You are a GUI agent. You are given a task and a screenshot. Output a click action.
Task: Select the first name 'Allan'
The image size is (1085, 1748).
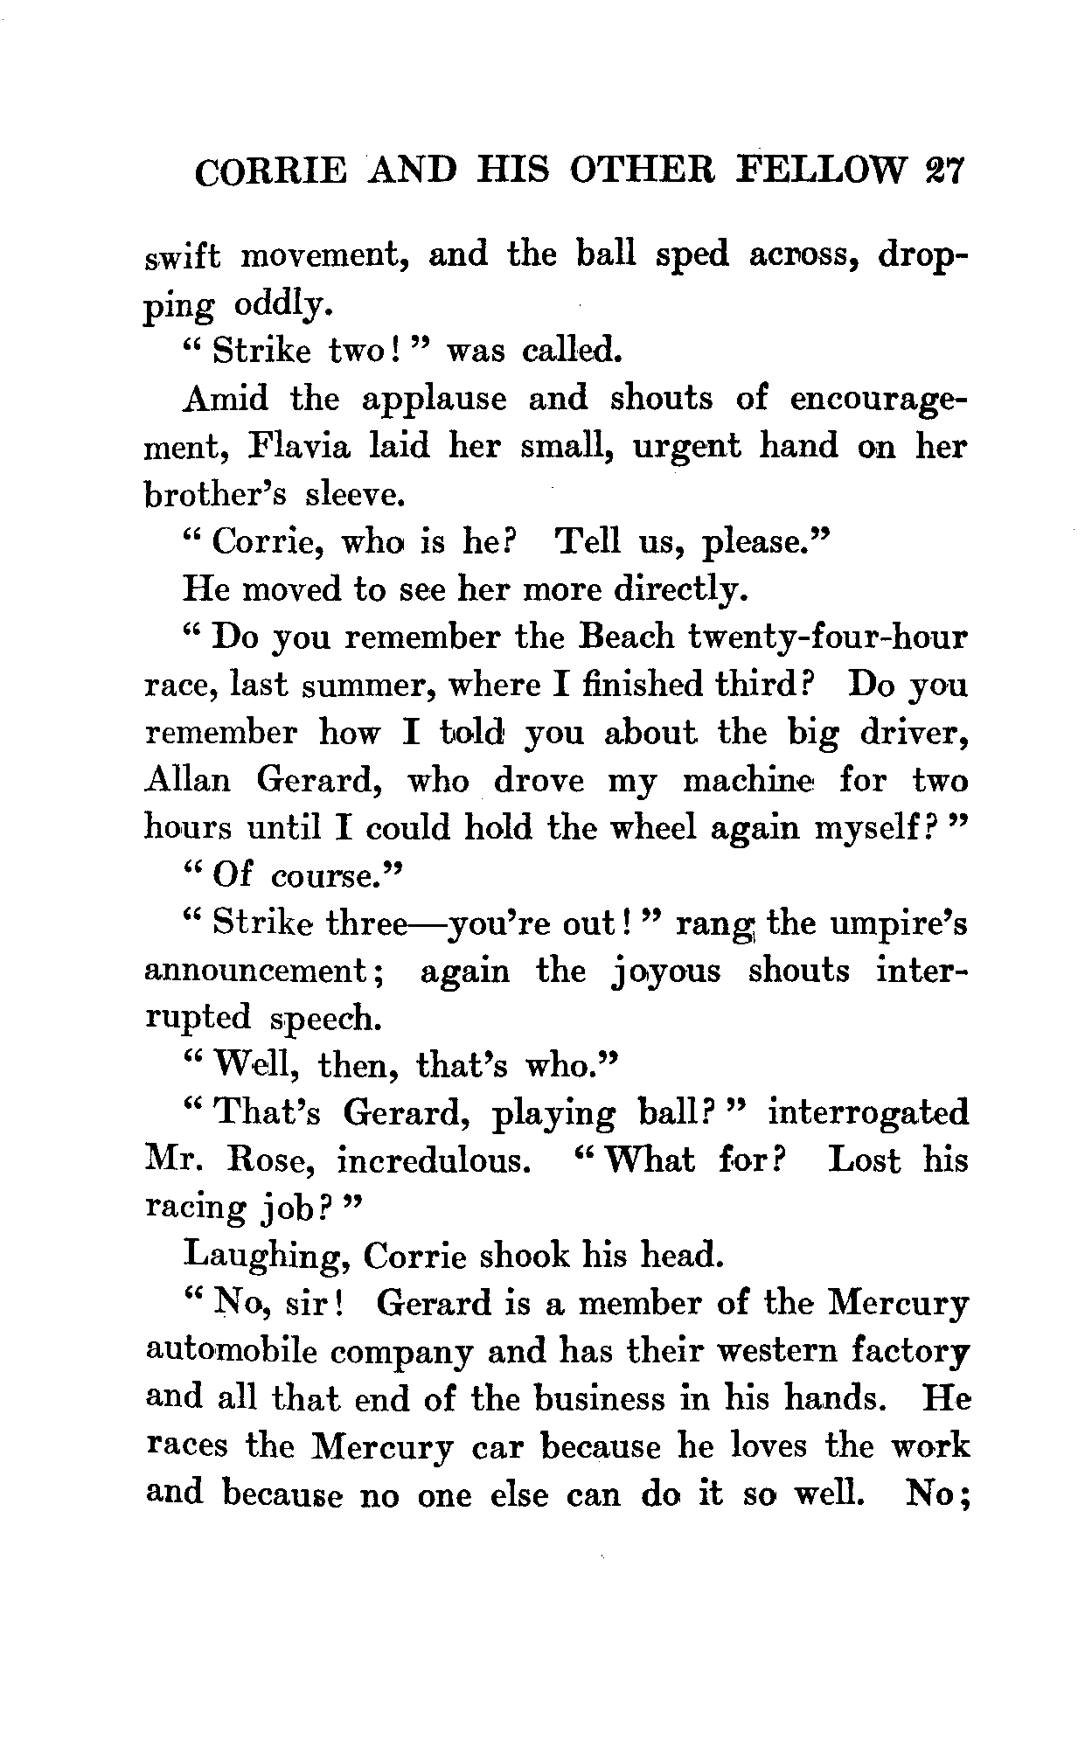(x=188, y=779)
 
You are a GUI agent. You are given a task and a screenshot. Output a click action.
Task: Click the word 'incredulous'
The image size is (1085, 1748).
(x=434, y=1161)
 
